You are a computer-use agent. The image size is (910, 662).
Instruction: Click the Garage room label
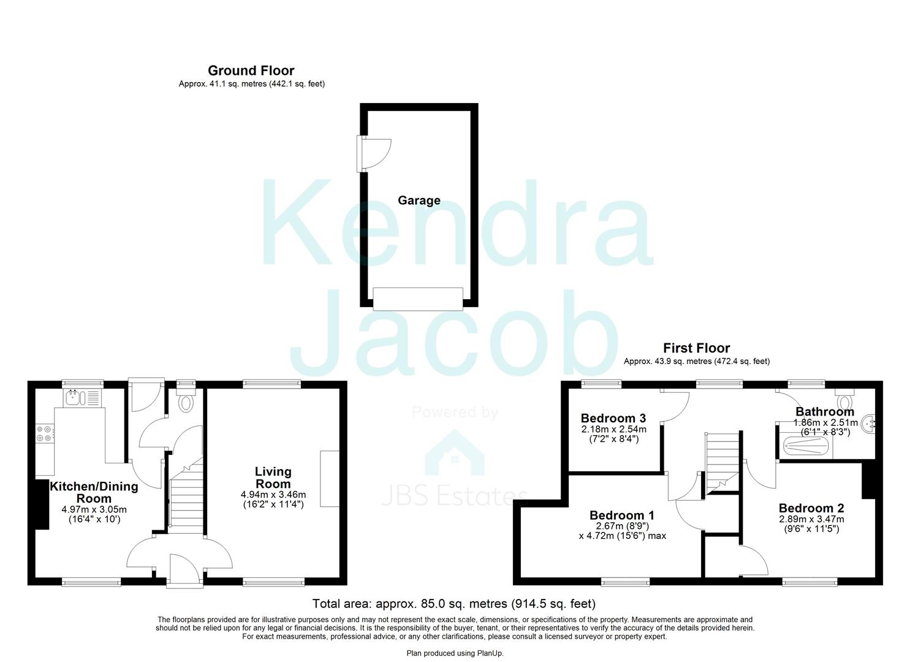coord(419,200)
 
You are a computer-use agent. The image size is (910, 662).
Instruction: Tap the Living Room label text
coord(273,477)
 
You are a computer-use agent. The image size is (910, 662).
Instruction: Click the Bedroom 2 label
coord(811,508)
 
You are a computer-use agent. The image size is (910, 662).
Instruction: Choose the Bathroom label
coord(824,411)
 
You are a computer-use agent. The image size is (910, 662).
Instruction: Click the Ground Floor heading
coord(251,70)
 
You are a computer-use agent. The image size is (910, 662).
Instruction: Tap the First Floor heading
coord(696,348)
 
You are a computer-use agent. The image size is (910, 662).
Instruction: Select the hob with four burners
coord(44,433)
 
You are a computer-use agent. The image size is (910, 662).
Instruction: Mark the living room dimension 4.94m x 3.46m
coord(273,495)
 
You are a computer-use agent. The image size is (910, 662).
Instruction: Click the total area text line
coord(453,604)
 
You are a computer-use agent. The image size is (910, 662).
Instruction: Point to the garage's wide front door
coord(418,299)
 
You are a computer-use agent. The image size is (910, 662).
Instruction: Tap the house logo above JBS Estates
coord(454,452)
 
